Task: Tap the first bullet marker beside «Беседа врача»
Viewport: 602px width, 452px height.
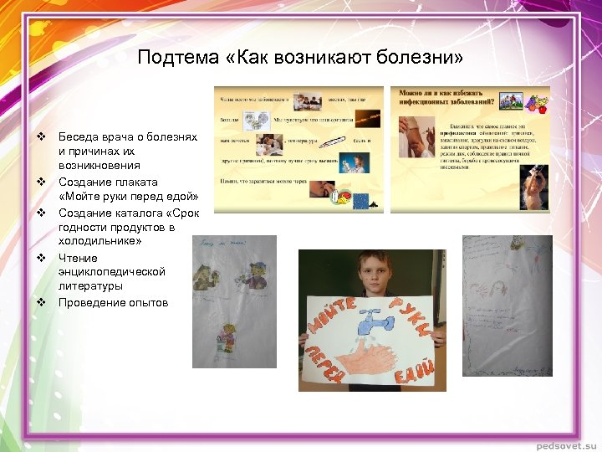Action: (x=39, y=136)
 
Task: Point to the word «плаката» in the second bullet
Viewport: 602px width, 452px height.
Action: (x=136, y=182)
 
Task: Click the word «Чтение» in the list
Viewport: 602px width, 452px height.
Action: (x=78, y=258)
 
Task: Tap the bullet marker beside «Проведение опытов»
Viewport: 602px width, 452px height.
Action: (x=39, y=302)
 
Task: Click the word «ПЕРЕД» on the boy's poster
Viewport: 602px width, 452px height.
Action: (x=321, y=361)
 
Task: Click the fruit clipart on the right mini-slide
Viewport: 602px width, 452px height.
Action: (x=536, y=104)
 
